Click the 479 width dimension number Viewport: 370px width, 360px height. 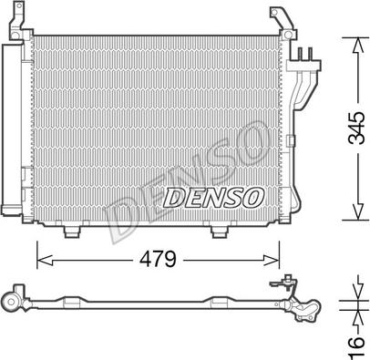coord(158,259)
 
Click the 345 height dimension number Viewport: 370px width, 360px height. coord(356,128)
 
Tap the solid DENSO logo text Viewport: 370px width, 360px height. coord(213,198)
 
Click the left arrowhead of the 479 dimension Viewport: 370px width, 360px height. coord(45,260)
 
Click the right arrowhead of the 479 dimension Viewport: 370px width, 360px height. coord(272,260)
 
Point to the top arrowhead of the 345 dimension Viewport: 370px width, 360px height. coord(358,45)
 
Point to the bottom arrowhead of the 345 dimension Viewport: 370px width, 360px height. coord(358,211)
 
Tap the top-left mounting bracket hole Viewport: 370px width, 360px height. coord(16,35)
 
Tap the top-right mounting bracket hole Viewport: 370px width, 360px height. coord(287,35)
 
